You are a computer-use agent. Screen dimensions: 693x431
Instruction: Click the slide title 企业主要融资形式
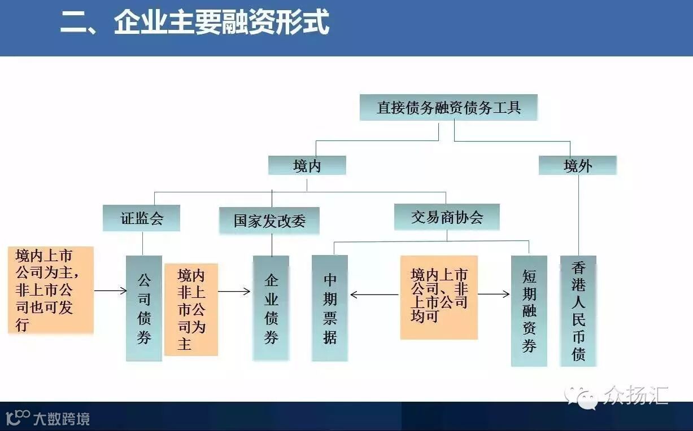coord(195,24)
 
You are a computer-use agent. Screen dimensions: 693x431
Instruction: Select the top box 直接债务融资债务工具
coord(448,108)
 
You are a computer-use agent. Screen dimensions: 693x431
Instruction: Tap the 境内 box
coord(307,165)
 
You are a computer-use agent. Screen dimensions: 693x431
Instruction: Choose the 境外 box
coord(577,165)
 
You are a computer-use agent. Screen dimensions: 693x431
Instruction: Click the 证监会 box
coord(141,218)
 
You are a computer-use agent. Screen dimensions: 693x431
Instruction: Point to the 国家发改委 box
coord(269,221)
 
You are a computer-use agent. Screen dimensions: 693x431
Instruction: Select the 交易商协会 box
coord(447,217)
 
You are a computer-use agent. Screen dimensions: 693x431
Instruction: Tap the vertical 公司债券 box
coord(144,308)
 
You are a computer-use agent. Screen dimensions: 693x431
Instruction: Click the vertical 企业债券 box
coord(271,308)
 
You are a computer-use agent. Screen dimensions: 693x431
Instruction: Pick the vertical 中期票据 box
coord(330,308)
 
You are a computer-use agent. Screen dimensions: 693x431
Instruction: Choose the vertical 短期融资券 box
coord(529,311)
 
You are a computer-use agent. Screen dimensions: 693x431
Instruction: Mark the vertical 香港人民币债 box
coord(578,311)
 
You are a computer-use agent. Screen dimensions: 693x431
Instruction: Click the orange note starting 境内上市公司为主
coord(50,289)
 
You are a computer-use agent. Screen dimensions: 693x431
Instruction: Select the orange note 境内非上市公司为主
coord(191,309)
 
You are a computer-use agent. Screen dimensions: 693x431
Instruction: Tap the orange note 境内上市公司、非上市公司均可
coord(439,297)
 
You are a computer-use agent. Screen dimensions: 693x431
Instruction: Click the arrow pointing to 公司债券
coord(111,291)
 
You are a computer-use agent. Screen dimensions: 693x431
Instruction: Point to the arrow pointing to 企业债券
coord(234,292)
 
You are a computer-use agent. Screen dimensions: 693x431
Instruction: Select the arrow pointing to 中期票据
coord(374,294)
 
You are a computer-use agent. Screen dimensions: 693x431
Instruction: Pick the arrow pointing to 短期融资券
coord(494,294)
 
